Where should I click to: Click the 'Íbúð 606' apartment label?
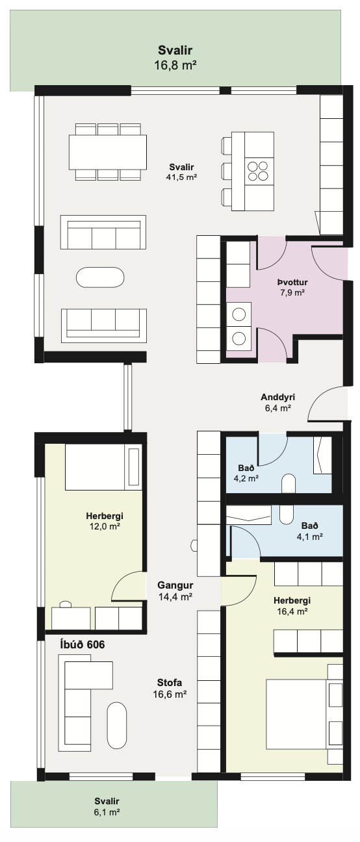pos(83,644)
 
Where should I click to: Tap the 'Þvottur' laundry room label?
pos(292,283)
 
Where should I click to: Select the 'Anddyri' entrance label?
pos(277,397)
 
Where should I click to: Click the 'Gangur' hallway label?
pos(175,585)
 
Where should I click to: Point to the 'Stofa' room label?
pos(170,682)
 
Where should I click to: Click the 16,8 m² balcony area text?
pos(175,65)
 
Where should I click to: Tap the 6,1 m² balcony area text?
pos(107,812)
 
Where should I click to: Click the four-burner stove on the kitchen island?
pos(257,171)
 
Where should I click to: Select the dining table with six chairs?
pos(107,152)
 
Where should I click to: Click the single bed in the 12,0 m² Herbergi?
pos(103,467)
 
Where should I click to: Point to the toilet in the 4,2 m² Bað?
pos(289,483)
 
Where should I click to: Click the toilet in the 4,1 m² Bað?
pos(287,515)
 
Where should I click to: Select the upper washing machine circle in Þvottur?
pos(238,314)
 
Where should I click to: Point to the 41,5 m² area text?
pos(181,177)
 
